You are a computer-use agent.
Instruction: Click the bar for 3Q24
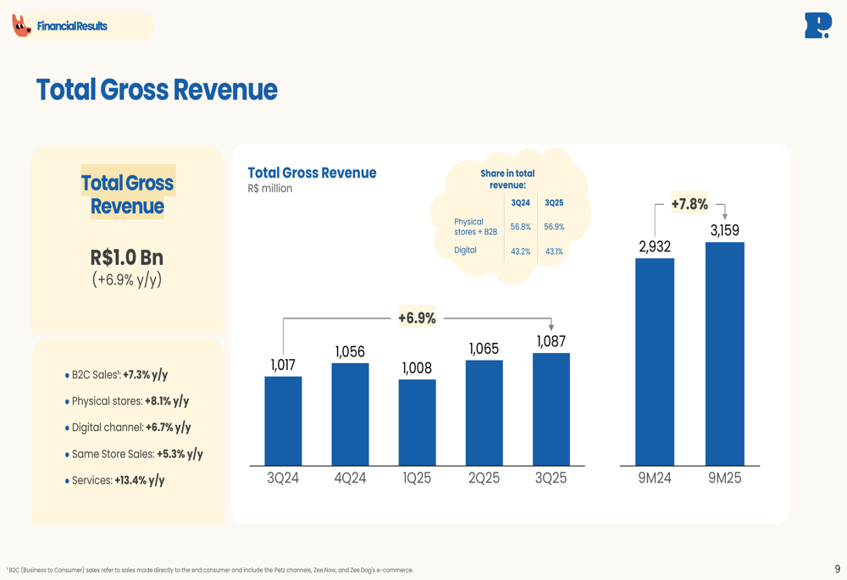283,421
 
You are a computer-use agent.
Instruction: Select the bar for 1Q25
417,423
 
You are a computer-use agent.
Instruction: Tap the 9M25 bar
724,354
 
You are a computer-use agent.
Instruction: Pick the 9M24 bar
655,362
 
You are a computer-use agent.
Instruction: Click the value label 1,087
551,341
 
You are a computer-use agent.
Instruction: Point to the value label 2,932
655,246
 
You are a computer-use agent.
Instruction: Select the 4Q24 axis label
350,478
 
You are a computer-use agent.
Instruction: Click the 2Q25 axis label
484,478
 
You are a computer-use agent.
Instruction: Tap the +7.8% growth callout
689,204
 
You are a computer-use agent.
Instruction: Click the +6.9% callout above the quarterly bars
417,318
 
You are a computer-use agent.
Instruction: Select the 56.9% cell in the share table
554,227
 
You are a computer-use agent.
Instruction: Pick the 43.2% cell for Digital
520,251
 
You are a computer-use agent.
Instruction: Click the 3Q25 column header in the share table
554,203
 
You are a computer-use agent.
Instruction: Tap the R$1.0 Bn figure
127,257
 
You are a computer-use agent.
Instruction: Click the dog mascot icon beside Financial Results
21,26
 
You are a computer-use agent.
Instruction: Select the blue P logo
817,25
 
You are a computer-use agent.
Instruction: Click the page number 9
838,570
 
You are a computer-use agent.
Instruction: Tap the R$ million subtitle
270,189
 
